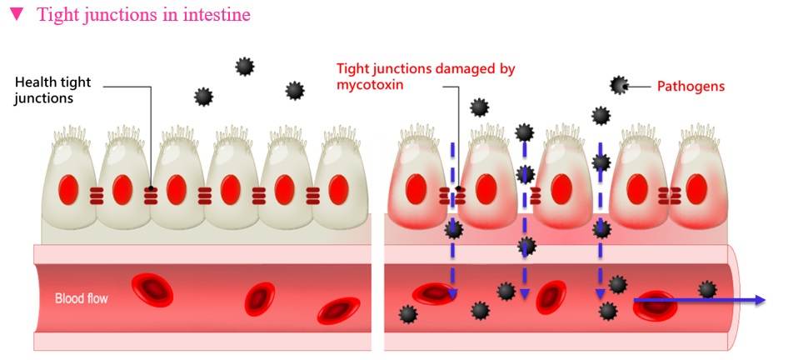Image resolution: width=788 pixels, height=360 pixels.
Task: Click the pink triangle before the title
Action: [17, 15]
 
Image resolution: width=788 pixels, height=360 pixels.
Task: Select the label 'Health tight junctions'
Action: [52, 90]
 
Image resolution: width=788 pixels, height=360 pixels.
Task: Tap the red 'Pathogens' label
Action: [691, 87]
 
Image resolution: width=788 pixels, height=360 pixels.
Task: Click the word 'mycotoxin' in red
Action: [371, 84]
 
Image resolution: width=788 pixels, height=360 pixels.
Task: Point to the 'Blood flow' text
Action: [82, 298]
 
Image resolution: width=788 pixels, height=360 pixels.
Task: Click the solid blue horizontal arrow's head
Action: [760, 300]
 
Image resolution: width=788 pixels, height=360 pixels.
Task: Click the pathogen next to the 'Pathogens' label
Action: [619, 86]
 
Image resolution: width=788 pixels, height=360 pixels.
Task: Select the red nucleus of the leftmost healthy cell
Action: [67, 190]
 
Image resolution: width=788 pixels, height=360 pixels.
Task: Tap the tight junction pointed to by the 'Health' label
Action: [151, 196]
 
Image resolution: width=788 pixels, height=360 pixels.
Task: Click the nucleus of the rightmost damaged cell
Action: [696, 189]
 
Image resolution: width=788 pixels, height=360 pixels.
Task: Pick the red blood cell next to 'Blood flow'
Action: [152, 290]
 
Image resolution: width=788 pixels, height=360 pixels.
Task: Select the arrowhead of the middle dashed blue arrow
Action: [525, 294]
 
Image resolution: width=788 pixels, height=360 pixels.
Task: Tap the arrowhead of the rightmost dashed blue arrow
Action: [600, 294]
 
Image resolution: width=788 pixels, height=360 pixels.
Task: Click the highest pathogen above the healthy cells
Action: [245, 67]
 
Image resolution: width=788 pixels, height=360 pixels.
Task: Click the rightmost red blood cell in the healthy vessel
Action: [339, 311]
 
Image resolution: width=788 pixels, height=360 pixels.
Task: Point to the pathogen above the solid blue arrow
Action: [707, 289]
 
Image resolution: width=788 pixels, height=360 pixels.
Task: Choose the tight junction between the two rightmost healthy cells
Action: [312, 196]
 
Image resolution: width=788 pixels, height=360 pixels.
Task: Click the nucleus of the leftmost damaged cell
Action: [416, 189]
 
